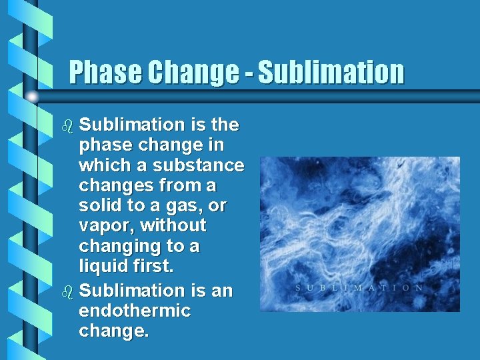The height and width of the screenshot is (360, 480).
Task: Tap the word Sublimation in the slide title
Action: coord(331,73)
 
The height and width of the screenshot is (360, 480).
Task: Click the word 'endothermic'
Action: coord(135,311)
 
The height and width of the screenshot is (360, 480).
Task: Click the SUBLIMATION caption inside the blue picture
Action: coord(359,288)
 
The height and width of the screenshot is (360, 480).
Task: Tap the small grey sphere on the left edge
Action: coord(32,97)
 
